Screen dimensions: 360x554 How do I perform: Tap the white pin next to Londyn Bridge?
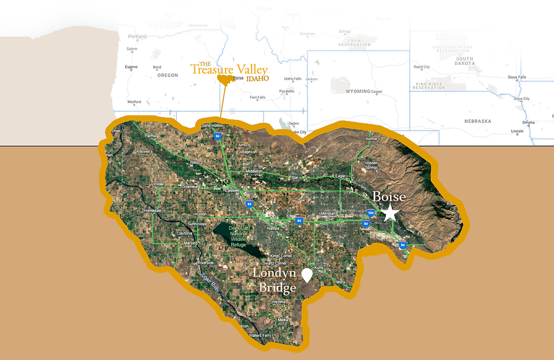(307, 275)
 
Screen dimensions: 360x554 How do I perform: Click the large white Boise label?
(388, 197)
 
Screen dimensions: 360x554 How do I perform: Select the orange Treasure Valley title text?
(228, 70)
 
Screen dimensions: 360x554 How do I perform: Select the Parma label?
(149, 136)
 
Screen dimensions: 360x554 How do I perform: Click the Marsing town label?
(191, 243)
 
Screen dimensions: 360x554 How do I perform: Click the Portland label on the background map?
(137, 36)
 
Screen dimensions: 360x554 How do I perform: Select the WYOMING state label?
(357, 91)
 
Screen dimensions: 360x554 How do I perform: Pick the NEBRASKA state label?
(478, 121)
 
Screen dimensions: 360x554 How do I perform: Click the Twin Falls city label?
(257, 97)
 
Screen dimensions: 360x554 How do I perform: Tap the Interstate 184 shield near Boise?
(371, 213)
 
